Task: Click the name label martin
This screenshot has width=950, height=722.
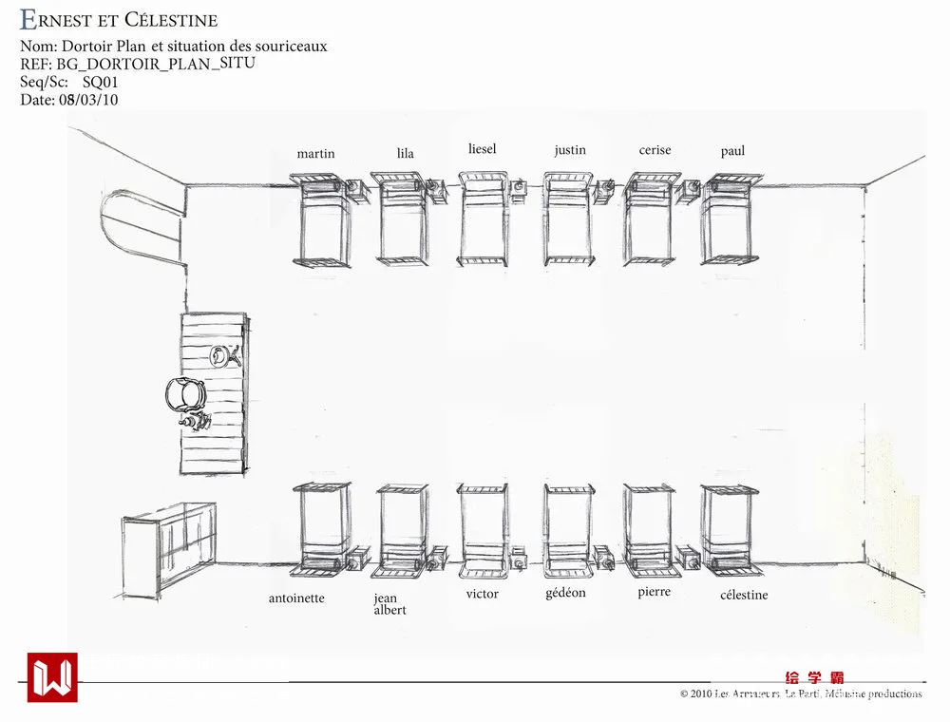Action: [x=315, y=154]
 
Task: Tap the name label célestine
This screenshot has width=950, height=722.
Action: [x=744, y=595]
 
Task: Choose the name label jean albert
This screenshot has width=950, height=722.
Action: [x=389, y=604]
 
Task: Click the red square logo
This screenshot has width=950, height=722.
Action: [x=52, y=677]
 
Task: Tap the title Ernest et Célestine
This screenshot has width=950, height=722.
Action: [x=119, y=19]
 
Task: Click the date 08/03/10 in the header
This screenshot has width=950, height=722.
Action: [x=88, y=100]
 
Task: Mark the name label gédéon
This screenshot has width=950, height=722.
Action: [x=565, y=593]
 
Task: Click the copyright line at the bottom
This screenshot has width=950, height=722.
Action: [x=800, y=693]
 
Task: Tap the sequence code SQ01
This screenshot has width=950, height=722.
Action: [x=100, y=82]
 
